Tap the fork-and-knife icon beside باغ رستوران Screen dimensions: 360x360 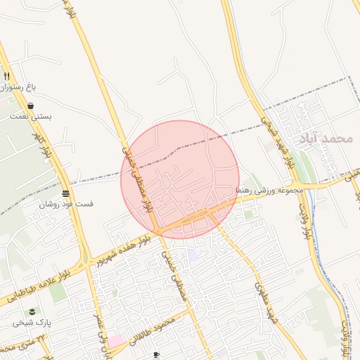(x=6, y=76)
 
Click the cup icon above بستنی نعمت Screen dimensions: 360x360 (x=32, y=105)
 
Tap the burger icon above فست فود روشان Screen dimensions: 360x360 (x=65, y=193)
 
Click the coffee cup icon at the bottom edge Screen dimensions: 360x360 (x=156, y=354)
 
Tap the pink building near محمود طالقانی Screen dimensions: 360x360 (x=115, y=341)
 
